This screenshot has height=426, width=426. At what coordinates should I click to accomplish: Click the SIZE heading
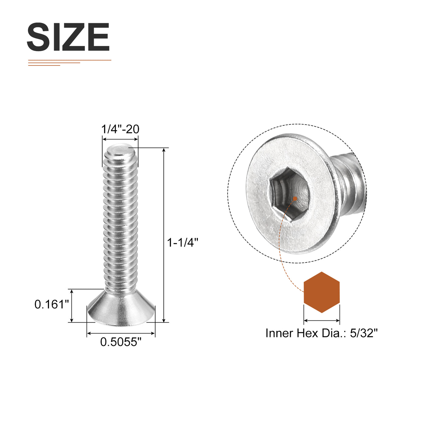(x=68, y=37)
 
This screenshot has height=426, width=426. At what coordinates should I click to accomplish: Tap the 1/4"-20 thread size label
(x=120, y=129)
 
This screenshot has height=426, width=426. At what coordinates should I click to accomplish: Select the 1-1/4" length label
(x=183, y=243)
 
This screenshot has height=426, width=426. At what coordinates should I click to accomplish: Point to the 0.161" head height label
(x=52, y=304)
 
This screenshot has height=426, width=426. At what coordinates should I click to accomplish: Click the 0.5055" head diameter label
(x=121, y=342)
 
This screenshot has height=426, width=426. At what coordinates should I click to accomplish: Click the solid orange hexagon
(x=322, y=292)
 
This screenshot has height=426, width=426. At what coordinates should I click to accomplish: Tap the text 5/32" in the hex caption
(x=364, y=333)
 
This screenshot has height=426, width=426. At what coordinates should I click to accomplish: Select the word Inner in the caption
(x=279, y=333)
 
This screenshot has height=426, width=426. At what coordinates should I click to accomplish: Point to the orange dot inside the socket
(x=295, y=198)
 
